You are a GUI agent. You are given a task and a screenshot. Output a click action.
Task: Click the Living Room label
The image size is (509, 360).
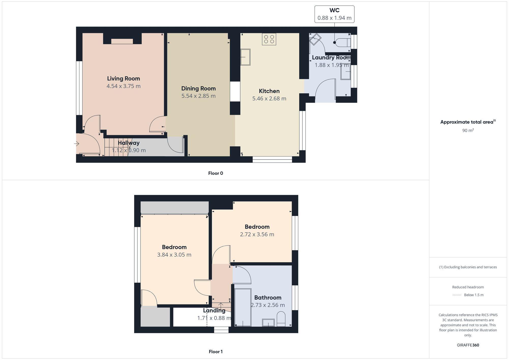pos(123,79)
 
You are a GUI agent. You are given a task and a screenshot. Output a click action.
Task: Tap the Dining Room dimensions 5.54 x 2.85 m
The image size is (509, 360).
pos(198,96)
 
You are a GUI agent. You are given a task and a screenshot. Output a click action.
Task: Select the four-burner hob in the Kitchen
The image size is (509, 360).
pos(269,39)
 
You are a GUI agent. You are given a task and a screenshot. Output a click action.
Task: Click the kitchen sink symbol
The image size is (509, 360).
pos(246,57)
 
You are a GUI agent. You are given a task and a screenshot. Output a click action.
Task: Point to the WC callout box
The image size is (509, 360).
pos(334,14)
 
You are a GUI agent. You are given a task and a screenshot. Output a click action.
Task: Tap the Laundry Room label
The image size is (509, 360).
pos(331,57)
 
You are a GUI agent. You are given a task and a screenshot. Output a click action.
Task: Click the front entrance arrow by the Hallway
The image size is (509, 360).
pos(77,144)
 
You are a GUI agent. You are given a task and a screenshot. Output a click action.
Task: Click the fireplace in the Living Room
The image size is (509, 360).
pos(122,41)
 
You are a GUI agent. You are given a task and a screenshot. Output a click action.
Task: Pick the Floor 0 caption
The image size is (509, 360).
pos(216,173)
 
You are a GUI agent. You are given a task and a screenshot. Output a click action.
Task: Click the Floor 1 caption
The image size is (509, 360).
pos(216,352)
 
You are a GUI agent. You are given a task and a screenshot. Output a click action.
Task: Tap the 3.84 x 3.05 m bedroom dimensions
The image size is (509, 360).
pos(174,255)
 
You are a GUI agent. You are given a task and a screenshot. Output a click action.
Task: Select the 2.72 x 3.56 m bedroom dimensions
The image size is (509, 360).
pos(257,234)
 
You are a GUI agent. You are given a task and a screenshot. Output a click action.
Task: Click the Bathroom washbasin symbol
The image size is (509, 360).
pos(268,323)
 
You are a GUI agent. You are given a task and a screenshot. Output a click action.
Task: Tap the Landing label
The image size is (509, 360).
pos(214,311)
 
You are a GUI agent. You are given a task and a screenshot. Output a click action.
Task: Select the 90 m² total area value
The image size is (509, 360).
pos(468,131)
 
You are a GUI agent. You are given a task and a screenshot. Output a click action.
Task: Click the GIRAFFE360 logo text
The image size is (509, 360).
pos(468,345)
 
